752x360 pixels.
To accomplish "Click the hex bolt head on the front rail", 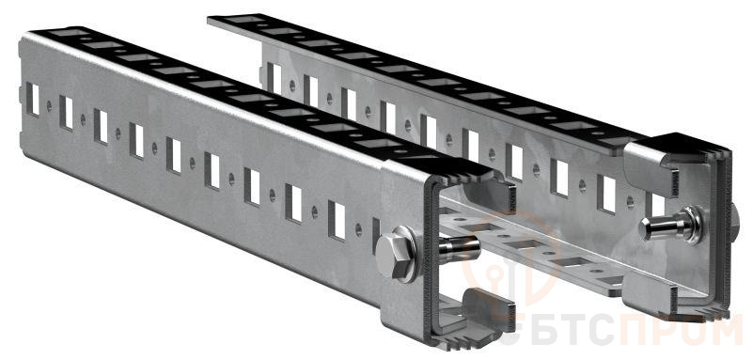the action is [394, 257].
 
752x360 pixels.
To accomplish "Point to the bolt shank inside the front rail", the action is [459, 249].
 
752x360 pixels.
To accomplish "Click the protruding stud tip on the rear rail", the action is [660, 227].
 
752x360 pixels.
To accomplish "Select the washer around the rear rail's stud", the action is [691, 225].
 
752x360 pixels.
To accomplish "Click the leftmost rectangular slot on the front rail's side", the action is [33, 99].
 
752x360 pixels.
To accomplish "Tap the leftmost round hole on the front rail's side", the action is [49, 105].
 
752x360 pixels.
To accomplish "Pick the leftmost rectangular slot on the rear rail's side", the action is [274, 78].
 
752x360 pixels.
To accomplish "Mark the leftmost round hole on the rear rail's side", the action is [292, 86].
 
